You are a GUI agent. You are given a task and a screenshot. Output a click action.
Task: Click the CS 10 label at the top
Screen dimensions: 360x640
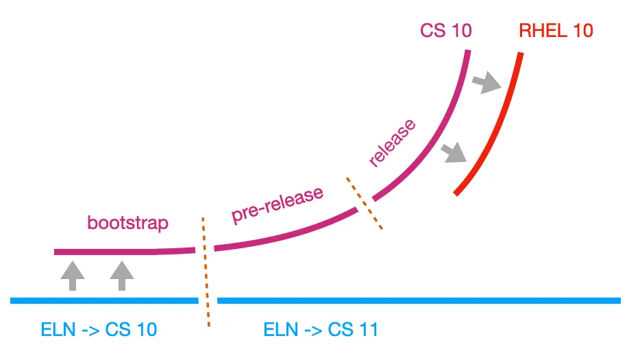446,30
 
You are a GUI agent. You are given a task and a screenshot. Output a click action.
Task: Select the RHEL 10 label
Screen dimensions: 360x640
556,30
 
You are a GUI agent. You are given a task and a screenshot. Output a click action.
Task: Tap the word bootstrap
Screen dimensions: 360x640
127,223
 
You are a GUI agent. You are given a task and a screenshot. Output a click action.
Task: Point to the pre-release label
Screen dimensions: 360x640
278,204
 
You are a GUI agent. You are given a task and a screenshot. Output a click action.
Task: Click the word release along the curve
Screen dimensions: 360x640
392,144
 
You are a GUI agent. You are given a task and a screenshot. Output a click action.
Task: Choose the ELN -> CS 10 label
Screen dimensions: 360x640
99,330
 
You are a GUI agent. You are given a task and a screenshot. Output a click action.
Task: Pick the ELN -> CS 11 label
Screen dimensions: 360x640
321,330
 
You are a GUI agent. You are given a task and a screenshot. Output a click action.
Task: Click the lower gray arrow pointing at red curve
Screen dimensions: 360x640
454,152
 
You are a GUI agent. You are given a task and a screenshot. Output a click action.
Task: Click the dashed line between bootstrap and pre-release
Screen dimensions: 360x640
206,272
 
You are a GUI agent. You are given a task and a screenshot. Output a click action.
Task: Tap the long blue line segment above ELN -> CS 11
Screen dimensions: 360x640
418,300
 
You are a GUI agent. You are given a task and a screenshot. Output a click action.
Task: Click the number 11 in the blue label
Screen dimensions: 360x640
367,330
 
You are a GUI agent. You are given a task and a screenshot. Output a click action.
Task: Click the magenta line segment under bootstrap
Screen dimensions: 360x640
123,252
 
